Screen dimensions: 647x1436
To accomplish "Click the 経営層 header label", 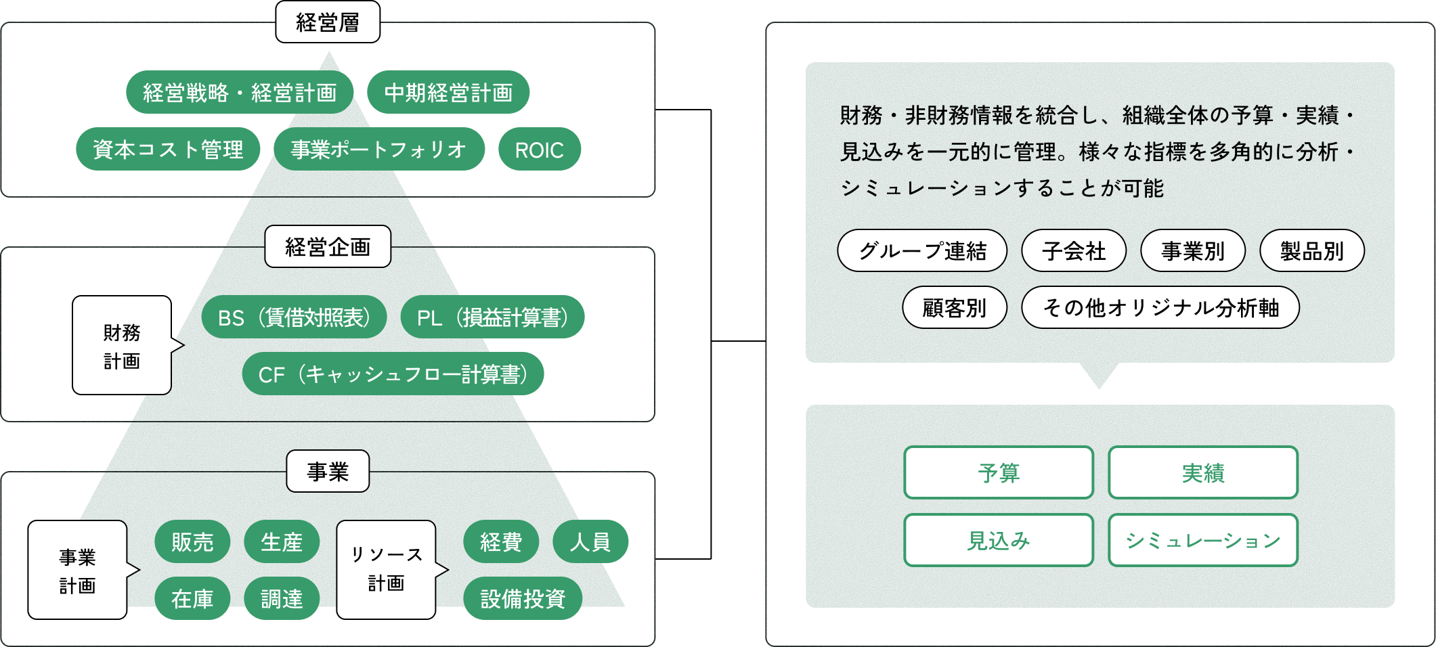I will point(328,22).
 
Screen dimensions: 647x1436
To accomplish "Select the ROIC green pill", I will point(539,150).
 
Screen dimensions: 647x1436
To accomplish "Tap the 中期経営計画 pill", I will point(448,93).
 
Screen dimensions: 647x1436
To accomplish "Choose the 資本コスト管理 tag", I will point(168,150).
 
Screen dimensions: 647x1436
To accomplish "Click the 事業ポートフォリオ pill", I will point(378,150).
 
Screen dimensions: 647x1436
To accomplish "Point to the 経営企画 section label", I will point(328,247).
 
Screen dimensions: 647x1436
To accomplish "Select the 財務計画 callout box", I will point(122,346).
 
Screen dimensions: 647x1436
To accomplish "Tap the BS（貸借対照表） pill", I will point(294,317).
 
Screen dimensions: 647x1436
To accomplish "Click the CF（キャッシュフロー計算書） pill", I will point(393,374).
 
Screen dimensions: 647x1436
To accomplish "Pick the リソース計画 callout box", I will point(386,569).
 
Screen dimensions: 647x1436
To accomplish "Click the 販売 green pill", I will point(192,542).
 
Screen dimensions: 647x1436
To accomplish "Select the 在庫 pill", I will point(192,599).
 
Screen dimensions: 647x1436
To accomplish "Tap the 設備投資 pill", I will point(523,599).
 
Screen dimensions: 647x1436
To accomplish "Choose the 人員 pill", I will point(590,542).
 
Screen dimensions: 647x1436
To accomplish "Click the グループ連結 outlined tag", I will point(922,251).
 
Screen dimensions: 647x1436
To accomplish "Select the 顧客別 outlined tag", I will point(955,308).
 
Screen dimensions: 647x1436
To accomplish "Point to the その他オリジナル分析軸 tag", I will point(1160,308).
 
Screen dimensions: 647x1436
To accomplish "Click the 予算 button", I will point(999,473).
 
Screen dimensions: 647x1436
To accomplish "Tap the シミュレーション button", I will point(1203,541).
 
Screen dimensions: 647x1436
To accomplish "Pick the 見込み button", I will point(999,541).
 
